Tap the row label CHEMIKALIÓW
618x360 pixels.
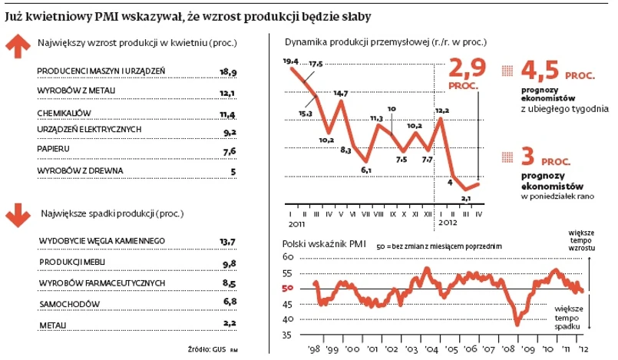64,114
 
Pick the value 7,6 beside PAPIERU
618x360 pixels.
228,150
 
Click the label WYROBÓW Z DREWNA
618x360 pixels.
80,170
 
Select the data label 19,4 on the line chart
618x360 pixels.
290,61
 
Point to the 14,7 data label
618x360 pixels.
339,93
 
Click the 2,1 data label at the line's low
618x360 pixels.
464,197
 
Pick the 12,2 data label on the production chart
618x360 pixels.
442,111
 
